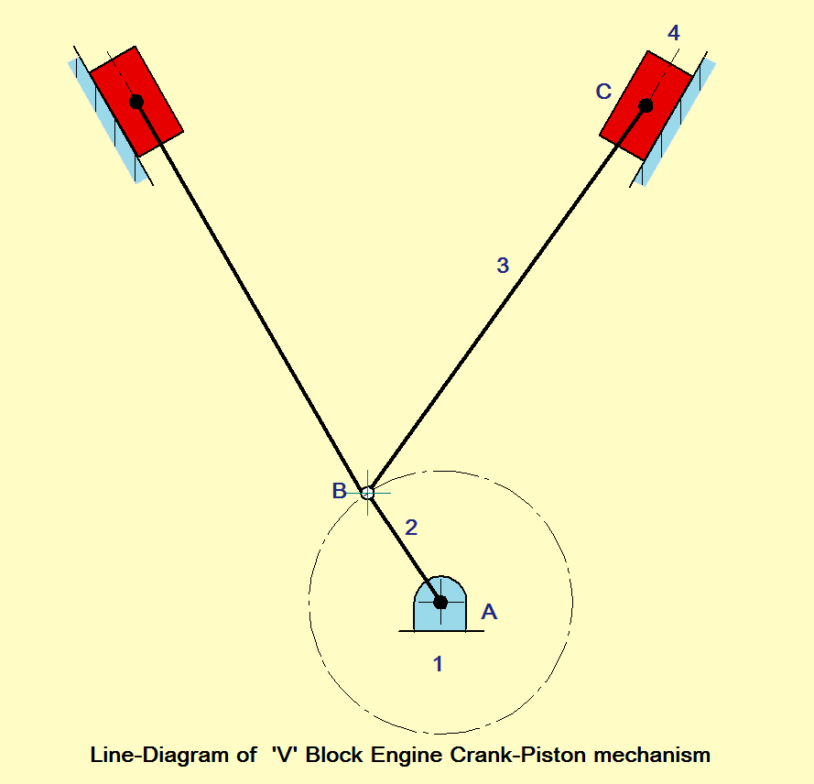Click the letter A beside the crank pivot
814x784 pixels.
pos(489,612)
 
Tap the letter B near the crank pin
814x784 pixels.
pos(339,491)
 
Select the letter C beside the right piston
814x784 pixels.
pos(603,92)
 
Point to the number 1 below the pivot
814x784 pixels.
pos(438,664)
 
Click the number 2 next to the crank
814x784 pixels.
pos(411,528)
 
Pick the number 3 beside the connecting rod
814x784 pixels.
pos(502,266)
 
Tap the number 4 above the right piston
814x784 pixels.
pos(674,34)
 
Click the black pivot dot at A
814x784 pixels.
pos(440,602)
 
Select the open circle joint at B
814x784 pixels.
pos(367,493)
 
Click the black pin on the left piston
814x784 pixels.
pos(136,102)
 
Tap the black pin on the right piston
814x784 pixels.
pos(646,105)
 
